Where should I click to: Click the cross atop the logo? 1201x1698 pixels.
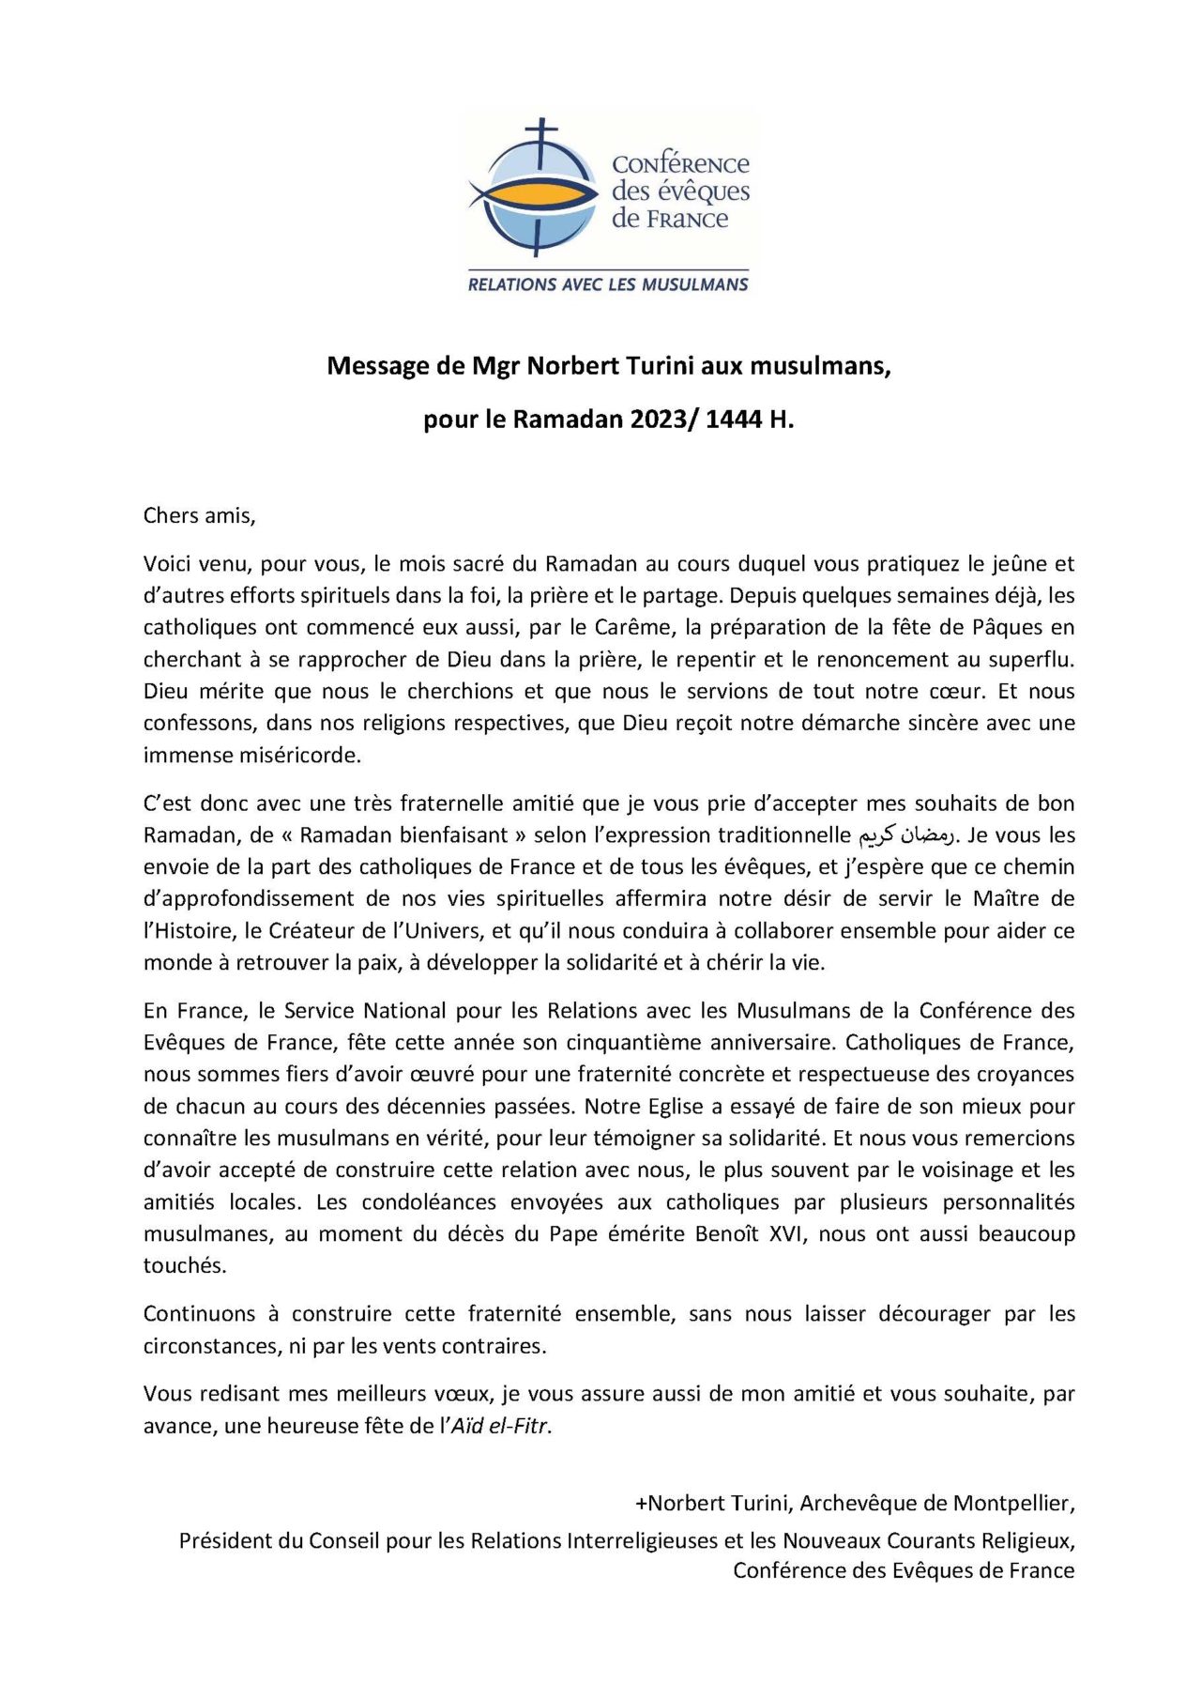point(541,130)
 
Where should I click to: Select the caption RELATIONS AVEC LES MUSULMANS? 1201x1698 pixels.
point(608,284)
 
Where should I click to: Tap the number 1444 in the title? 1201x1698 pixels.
point(734,420)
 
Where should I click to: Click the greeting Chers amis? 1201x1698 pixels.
point(199,515)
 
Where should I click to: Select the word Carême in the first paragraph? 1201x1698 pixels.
point(633,627)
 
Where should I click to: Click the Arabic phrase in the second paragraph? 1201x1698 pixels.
point(906,834)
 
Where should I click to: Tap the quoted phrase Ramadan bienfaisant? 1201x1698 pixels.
point(404,834)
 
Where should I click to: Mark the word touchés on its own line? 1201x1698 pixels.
point(184,1265)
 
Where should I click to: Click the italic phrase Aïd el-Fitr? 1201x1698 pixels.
point(500,1426)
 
